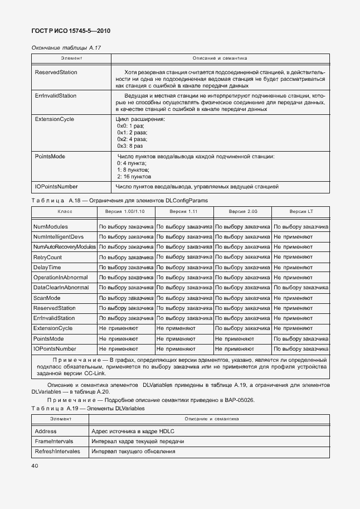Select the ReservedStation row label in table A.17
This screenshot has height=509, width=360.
pos(56,72)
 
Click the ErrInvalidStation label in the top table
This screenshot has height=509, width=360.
pos(56,96)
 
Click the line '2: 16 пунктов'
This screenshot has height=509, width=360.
pos(134,176)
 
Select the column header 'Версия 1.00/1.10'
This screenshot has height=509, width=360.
pos(126,212)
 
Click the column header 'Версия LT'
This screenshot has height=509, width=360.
pos(301,212)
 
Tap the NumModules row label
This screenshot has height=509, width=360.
pos(51,227)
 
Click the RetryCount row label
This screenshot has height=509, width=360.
pos(48,257)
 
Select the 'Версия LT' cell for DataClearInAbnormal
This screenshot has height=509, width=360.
pos(300,287)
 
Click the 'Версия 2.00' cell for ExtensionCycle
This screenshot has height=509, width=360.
pos(242,328)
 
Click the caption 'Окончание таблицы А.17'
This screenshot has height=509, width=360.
pos(66,48)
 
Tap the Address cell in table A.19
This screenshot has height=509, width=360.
pos(46,432)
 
